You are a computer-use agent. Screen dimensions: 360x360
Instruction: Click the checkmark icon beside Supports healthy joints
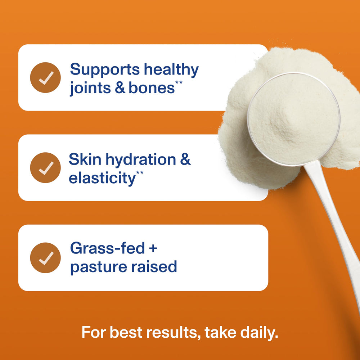click(45, 77)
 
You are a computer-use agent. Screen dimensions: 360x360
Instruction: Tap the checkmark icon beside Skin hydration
click(45, 168)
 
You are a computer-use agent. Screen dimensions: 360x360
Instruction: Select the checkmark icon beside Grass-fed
click(45, 258)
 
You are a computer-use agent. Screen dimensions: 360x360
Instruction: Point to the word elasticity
click(102, 178)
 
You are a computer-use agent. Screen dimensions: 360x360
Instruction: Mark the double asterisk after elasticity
click(140, 174)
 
